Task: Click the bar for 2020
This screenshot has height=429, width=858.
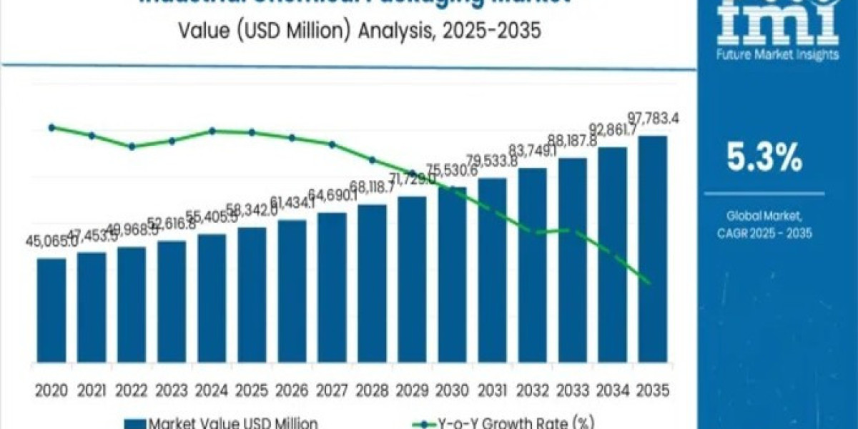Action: coord(51,311)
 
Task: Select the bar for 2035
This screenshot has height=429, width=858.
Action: coord(652,250)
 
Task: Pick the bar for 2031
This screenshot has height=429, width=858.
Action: coord(492,271)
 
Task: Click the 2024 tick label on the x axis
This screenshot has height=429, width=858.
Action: coord(212,390)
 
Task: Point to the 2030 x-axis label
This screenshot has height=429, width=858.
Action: coord(452,390)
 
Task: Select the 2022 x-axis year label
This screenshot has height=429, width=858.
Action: coord(132,390)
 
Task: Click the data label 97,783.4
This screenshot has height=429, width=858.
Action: coord(652,118)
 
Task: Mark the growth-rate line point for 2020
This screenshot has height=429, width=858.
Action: coord(51,127)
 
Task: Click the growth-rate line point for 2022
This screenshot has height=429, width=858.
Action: coord(132,147)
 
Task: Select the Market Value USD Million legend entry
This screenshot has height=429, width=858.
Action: coord(222,423)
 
